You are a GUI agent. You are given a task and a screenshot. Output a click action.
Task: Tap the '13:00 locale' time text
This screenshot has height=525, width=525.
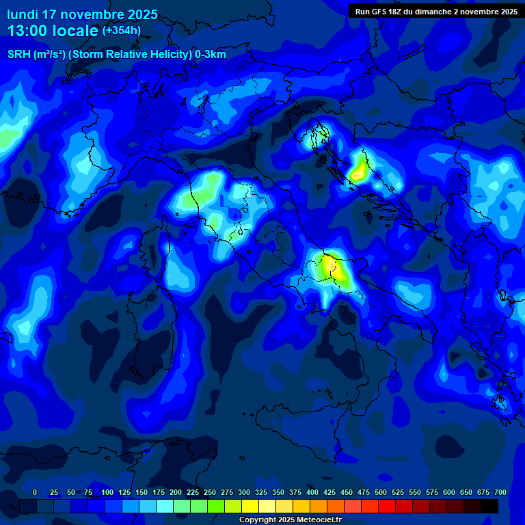pyautogui.click(x=53, y=31)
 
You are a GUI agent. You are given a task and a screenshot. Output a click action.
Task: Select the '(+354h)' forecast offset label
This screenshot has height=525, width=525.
pyautogui.click(x=122, y=31)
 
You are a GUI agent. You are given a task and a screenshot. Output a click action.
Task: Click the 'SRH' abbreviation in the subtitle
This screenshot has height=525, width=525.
pyautogui.click(x=18, y=55)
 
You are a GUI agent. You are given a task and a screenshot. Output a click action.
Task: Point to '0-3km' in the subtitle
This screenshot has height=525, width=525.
pyautogui.click(x=210, y=55)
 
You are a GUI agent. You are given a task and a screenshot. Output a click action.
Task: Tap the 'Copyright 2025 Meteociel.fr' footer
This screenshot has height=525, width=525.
pyautogui.click(x=290, y=520)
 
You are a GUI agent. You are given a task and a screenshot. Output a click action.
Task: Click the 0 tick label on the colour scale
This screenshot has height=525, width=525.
pyautogui.click(x=35, y=492)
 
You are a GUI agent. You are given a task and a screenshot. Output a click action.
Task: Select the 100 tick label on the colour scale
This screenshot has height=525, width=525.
pyautogui.click(x=107, y=492)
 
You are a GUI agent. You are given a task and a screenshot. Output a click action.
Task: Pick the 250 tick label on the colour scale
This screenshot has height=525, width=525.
pyautogui.click(x=209, y=492)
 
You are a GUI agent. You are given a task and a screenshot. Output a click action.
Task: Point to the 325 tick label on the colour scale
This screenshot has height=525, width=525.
pyautogui.click(x=260, y=492)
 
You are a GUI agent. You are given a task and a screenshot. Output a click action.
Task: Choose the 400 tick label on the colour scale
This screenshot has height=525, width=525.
pyautogui.click(x=312, y=492)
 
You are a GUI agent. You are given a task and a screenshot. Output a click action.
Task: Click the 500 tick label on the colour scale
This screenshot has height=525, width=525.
pyautogui.click(x=380, y=492)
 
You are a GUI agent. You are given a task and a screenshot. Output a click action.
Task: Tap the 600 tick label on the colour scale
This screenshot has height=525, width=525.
pyautogui.click(x=448, y=492)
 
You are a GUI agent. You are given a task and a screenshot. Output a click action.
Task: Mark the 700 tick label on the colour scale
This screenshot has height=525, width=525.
pyautogui.click(x=500, y=492)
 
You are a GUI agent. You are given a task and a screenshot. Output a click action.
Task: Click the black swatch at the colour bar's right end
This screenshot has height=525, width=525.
pyautogui.click(x=489, y=506)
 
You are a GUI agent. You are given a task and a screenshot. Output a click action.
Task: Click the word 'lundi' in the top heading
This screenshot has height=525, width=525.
pyautogui.click(x=23, y=14)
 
